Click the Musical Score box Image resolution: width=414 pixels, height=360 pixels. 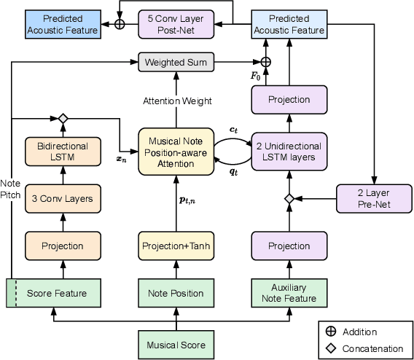tap(175, 345)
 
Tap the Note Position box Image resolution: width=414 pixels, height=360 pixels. tap(175, 293)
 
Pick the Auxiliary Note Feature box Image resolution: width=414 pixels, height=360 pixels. tap(289, 293)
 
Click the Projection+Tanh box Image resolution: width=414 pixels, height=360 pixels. tap(175, 246)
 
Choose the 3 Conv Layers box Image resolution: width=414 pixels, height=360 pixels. tap(63, 198)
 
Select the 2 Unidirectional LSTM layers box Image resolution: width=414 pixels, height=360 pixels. tap(289, 152)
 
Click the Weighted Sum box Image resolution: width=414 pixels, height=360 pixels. tap(175, 62)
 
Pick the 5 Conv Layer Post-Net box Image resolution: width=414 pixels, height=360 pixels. tap(175, 23)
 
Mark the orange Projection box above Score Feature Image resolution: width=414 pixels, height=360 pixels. tap(63, 246)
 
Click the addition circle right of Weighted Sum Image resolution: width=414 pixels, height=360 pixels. tap(266, 62)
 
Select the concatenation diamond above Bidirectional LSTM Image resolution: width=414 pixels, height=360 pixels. tap(63, 118)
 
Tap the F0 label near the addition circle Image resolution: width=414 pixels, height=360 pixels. tap(255, 75)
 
